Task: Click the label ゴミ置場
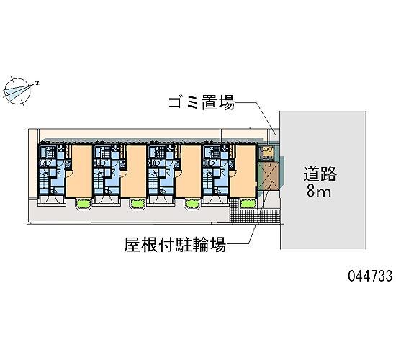tap(202, 103)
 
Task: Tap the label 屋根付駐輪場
tap(175, 244)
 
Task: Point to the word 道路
tap(320, 174)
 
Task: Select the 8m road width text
tap(319, 191)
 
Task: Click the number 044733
tap(370, 276)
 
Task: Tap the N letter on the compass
tap(37, 83)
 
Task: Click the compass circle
tap(17, 91)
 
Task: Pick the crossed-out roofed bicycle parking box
tap(269, 176)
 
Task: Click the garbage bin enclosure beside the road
tap(268, 153)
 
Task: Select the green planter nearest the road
tap(247, 203)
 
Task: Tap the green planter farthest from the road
tap(84, 204)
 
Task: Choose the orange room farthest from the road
tap(78, 171)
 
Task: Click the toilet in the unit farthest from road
tap(45, 163)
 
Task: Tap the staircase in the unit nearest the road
tap(207, 179)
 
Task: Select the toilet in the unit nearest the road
tap(210, 163)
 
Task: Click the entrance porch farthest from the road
tap(52, 201)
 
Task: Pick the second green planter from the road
tap(193, 204)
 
